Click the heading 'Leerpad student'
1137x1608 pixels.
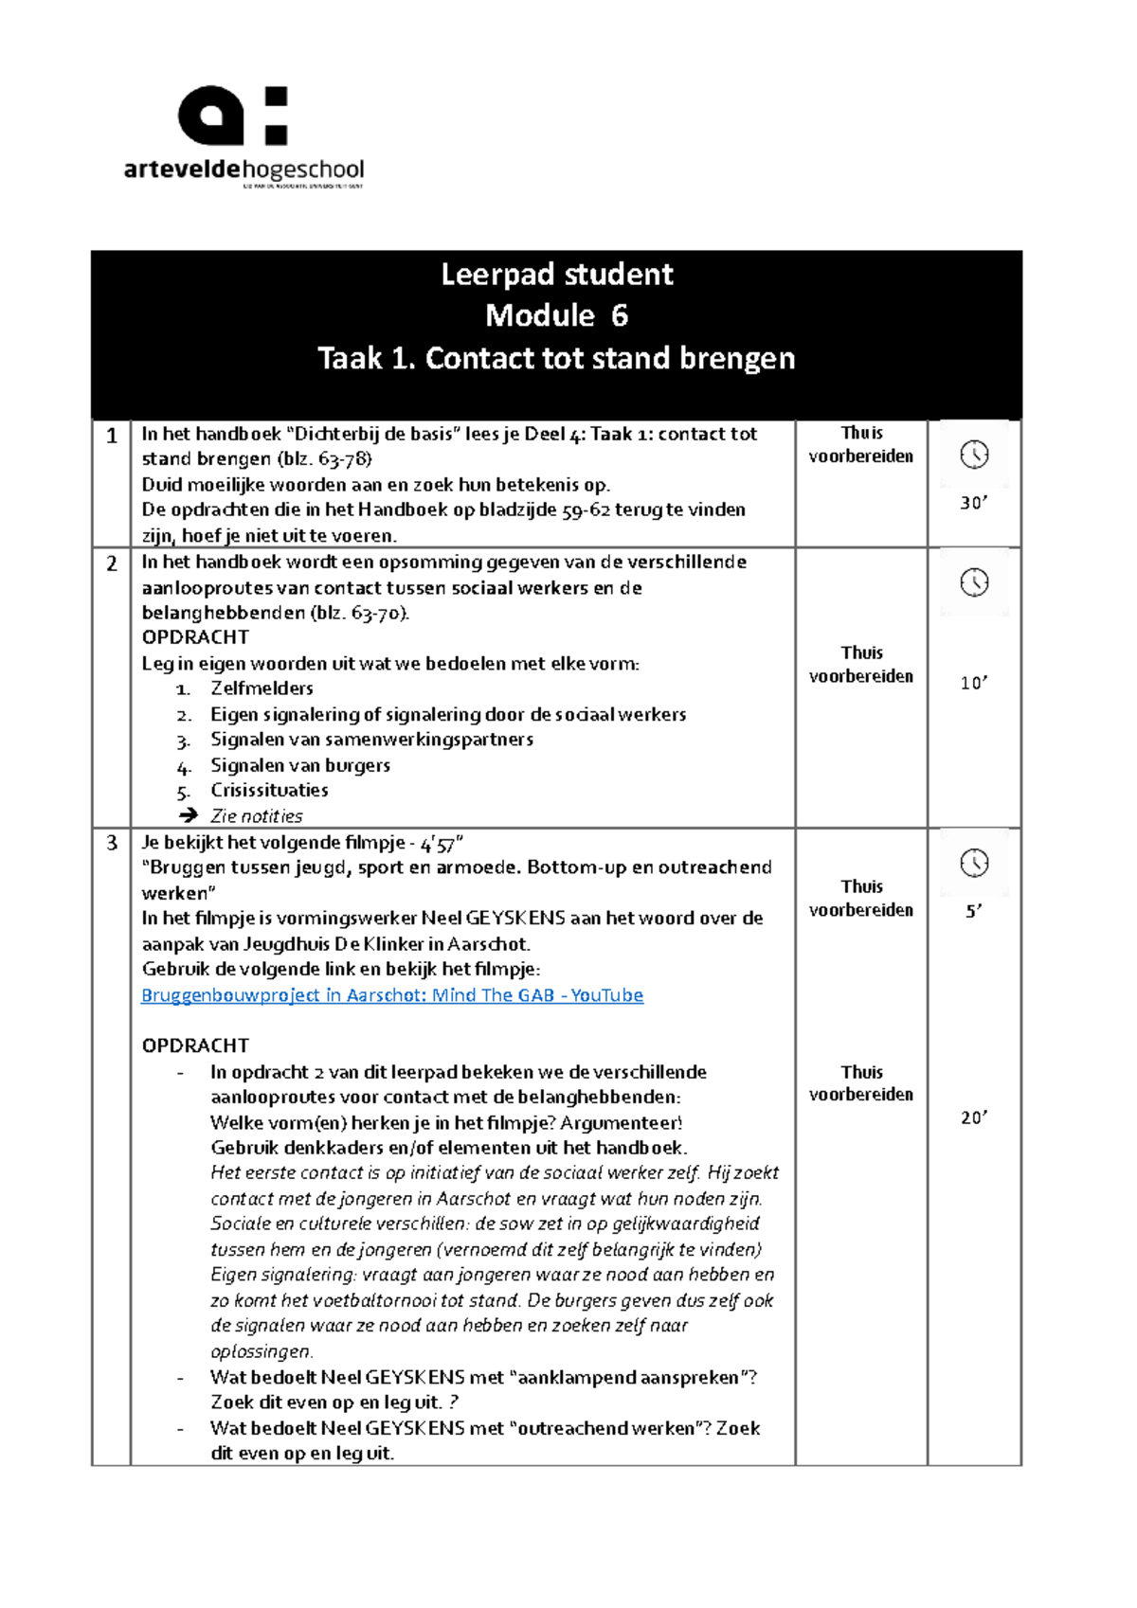[556, 275]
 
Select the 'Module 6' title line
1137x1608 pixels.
[556, 315]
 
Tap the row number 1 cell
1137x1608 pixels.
[112, 436]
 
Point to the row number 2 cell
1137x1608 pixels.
[112, 563]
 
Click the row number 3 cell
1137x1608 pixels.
[112, 843]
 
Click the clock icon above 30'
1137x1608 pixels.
[974, 455]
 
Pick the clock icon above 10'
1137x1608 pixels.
[974, 582]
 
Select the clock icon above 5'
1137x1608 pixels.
[974, 863]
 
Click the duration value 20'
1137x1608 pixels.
[974, 1117]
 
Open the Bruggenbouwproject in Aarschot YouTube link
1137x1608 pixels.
[392, 995]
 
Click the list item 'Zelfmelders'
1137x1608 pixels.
[262, 688]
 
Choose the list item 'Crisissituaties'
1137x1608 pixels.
[269, 790]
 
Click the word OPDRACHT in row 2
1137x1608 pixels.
[195, 637]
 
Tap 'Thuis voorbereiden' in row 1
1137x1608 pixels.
[860, 444]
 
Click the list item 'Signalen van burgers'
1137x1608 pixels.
[299, 765]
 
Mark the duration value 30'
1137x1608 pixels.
[974, 503]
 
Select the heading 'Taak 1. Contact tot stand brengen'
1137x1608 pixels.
[556, 358]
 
